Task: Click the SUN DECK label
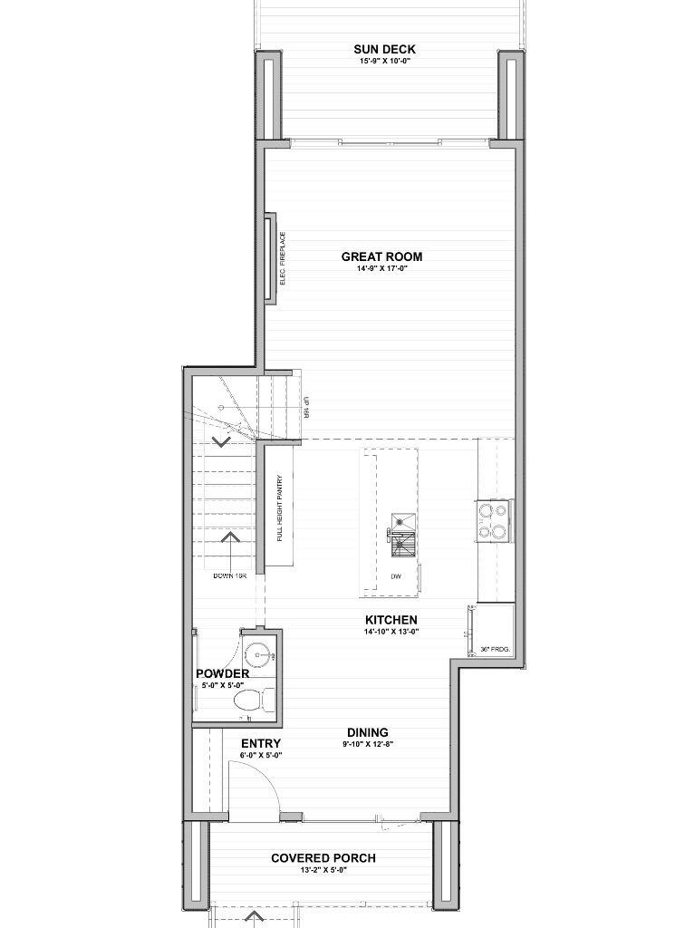coord(385,49)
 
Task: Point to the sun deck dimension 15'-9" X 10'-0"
coord(385,62)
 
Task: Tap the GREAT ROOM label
coord(381,256)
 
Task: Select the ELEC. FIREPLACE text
coord(283,258)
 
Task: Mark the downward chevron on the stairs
coord(221,441)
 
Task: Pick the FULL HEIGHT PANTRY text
coord(281,507)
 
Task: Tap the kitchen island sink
coord(402,521)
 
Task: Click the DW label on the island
coord(395,576)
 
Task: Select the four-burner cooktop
coord(494,521)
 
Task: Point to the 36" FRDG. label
coord(496,649)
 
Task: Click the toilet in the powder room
coord(252,701)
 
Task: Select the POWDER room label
coord(222,674)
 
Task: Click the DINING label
coord(368,732)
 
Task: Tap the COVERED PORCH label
coord(323,858)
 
